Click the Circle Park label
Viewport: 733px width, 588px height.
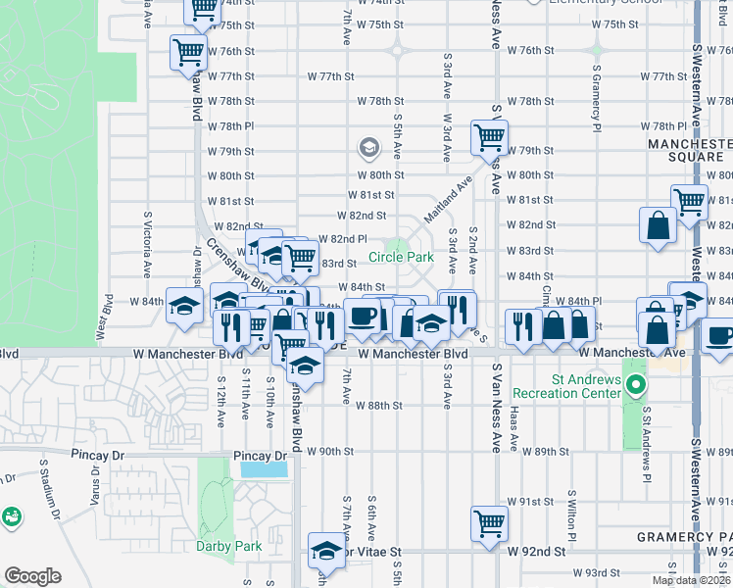click(401, 258)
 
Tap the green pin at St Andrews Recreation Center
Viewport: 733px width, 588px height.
click(635, 385)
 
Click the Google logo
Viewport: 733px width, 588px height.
click(33, 576)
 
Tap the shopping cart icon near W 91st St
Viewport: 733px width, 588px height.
click(489, 521)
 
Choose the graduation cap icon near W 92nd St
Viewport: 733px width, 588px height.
click(326, 551)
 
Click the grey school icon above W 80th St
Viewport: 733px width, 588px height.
click(369, 149)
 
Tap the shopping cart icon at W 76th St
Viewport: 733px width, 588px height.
click(188, 51)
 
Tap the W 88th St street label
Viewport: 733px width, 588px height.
click(379, 405)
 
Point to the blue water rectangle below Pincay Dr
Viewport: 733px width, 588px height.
click(264, 468)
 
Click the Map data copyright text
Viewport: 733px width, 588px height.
click(691, 580)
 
